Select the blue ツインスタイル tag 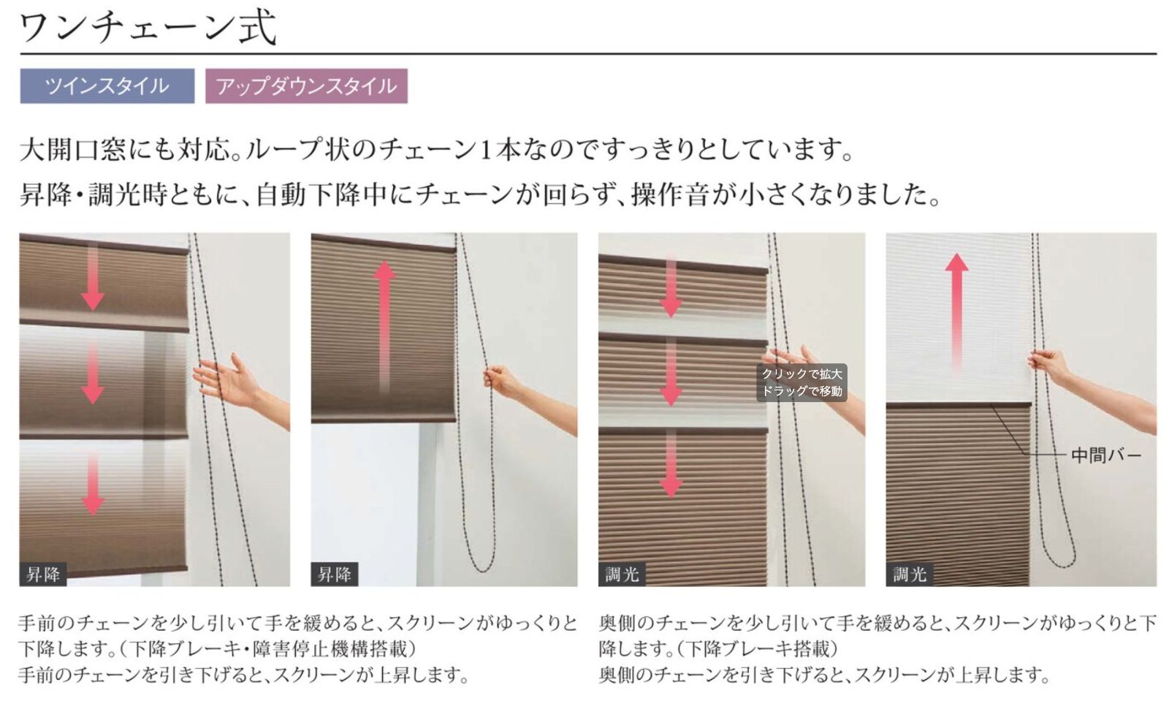point(107,86)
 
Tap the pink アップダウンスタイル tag point(306,86)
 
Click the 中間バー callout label point(1105,455)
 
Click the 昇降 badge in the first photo point(43,575)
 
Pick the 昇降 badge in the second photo point(334,575)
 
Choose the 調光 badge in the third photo point(622,575)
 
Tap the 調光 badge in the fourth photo point(910,575)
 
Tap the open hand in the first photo point(223,380)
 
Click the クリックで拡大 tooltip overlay point(801,382)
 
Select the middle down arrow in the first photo point(92,373)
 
